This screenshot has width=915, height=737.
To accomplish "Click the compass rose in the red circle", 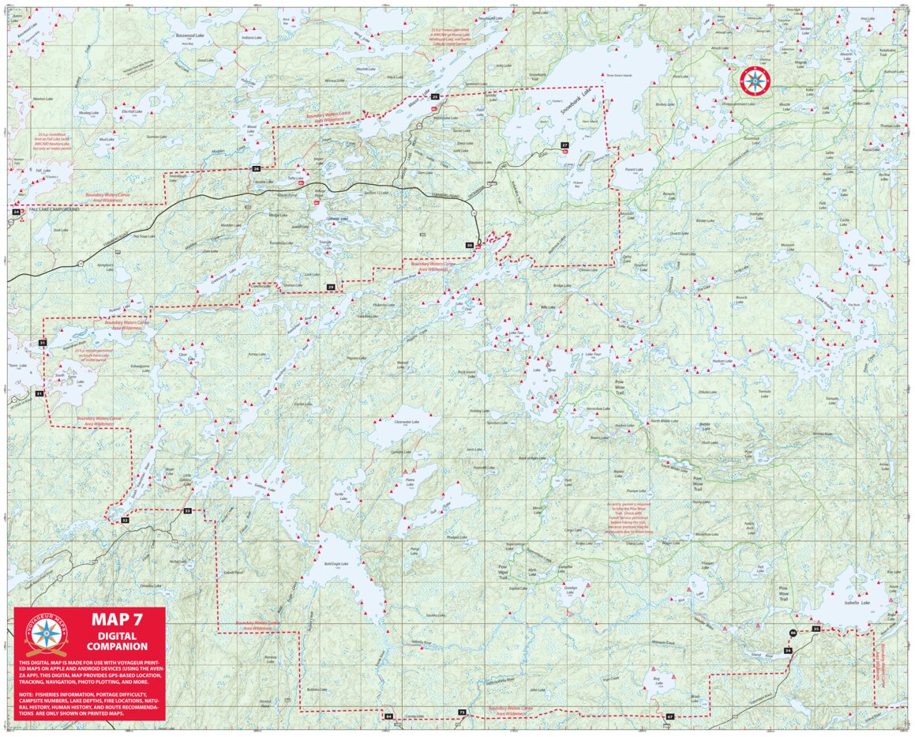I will click(754, 80).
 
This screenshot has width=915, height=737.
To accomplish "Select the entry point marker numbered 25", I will click(435, 96).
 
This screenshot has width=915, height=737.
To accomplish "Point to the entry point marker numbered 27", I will click(564, 145).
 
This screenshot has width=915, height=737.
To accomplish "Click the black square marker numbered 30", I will click(469, 246).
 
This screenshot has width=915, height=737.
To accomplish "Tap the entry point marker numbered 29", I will click(331, 286).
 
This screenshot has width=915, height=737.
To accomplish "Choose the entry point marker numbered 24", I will click(16, 212).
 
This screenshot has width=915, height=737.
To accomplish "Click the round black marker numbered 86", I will click(792, 634).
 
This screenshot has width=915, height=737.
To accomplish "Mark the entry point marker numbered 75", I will click(462, 713).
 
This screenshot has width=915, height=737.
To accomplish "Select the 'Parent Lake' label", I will click(635, 169).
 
